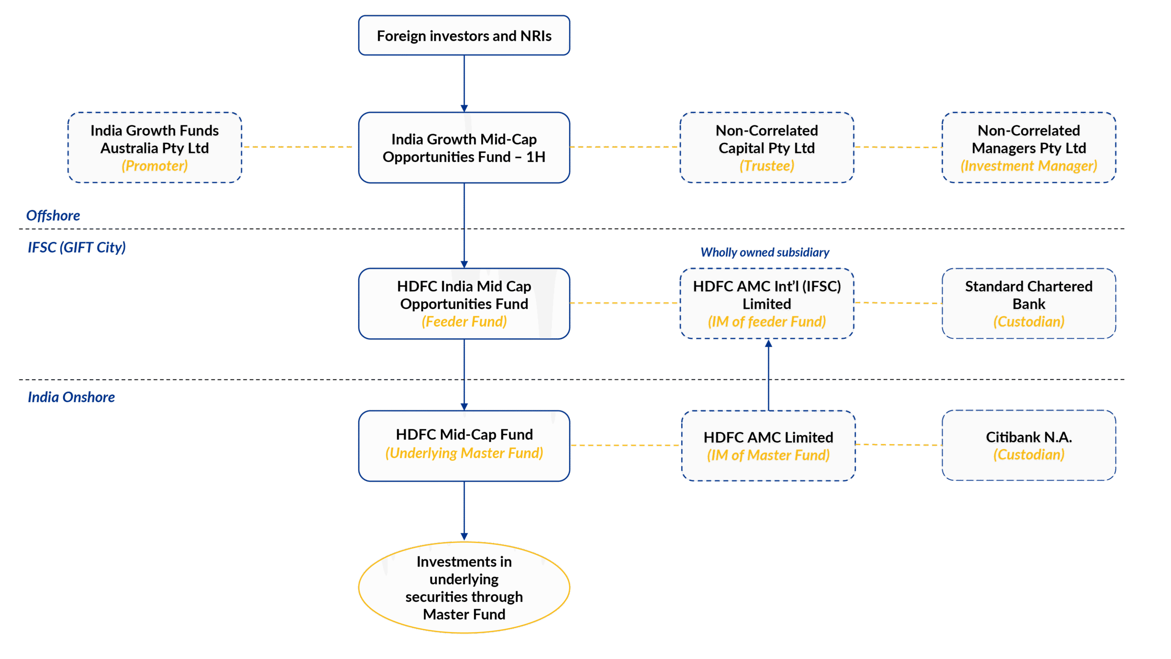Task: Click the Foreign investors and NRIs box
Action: tap(464, 36)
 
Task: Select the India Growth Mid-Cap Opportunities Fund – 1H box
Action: tap(464, 148)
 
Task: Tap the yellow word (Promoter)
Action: tap(155, 166)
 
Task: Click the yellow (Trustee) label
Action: tap(767, 166)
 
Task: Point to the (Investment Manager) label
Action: tap(1028, 166)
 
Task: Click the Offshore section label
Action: tap(53, 216)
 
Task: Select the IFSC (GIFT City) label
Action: tap(76, 247)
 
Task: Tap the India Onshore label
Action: tap(71, 397)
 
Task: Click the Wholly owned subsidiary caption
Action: tap(764, 252)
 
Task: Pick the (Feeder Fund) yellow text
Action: tap(464, 322)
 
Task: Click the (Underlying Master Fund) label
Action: tap(464, 453)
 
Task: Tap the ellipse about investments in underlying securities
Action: tap(464, 588)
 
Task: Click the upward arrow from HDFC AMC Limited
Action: tap(768, 375)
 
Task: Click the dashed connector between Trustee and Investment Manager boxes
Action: tap(897, 147)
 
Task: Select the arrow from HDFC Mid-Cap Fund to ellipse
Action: tap(464, 511)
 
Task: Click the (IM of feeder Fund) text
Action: tap(767, 322)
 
